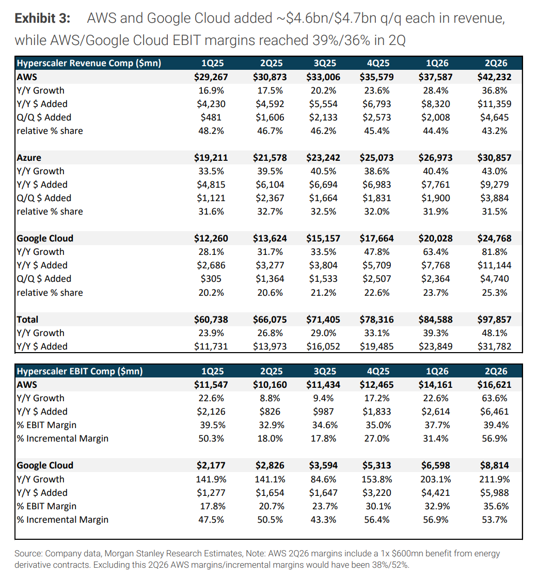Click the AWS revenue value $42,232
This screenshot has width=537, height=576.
coord(494,77)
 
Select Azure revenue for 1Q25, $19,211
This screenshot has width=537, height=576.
coord(211,158)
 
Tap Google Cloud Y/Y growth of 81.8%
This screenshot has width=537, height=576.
coord(495,252)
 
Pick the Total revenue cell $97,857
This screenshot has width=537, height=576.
coord(494,320)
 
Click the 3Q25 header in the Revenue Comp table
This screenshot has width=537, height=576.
coord(325,63)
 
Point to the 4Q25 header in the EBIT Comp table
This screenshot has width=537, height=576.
coord(378,371)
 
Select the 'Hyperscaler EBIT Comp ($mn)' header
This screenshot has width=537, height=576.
coord(80,371)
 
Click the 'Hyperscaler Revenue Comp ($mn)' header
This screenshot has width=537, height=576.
coord(89,63)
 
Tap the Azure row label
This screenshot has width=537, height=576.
coord(28,158)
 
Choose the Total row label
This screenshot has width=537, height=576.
coord(27,320)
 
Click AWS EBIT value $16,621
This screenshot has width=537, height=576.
coord(494,385)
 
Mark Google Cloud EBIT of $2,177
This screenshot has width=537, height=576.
coord(211,465)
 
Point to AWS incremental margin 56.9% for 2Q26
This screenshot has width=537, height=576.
coord(495,438)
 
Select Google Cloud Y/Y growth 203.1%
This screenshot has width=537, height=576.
coord(435,479)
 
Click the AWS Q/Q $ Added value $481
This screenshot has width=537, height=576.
coord(211,117)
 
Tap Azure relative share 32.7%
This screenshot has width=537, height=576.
coord(270,211)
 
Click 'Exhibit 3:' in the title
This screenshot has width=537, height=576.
coord(42,18)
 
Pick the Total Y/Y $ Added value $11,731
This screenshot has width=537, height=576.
coord(211,346)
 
